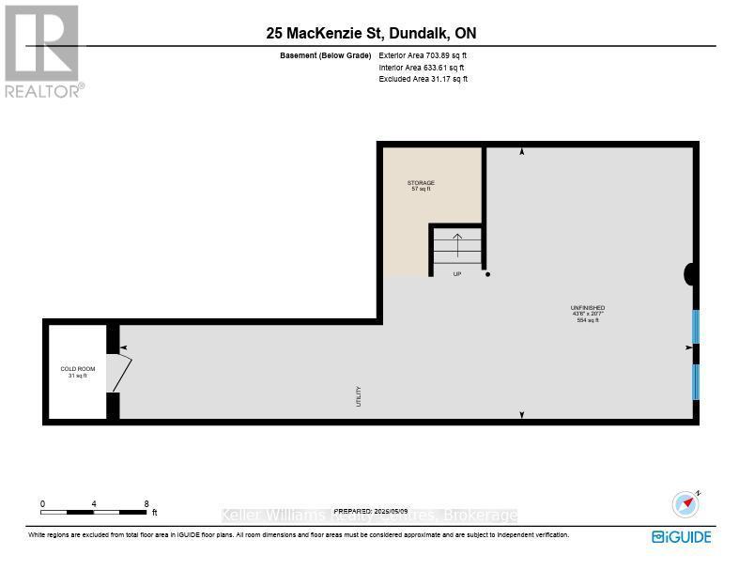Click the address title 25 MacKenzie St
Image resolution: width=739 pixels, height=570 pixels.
tap(371, 34)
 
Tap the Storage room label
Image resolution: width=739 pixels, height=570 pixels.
tap(421, 185)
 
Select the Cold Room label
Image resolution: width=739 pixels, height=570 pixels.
tap(77, 372)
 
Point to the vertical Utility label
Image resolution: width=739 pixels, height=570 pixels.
tap(359, 395)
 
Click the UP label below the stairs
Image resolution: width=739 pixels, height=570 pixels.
tap(456, 274)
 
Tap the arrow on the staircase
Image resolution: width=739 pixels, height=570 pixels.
tap(456, 245)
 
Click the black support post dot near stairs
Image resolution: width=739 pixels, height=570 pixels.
tap(487, 274)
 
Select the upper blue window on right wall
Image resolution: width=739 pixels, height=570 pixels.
tap(696, 326)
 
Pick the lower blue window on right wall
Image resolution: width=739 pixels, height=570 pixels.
tap(696, 381)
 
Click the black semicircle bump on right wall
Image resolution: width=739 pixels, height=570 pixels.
tap(690, 273)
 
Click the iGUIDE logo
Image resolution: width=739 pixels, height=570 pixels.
tap(682, 537)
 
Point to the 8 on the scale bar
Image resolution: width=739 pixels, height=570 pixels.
tap(146, 504)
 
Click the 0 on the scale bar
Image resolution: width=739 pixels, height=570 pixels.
tap(42, 504)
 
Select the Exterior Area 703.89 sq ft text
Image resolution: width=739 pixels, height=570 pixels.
tap(423, 56)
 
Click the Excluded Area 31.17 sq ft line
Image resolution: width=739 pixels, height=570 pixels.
tap(423, 79)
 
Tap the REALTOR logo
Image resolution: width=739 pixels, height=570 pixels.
tap(42, 51)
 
